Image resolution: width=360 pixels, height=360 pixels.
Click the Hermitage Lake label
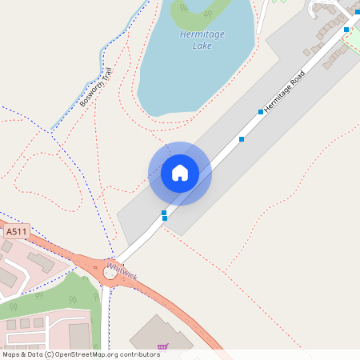pos(202,41)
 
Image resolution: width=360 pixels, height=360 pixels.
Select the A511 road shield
pos(15,232)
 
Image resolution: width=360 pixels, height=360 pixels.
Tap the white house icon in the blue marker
pos(179,173)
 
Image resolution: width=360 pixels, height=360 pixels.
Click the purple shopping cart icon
pos(163,346)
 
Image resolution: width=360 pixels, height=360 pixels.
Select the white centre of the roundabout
pos(109,273)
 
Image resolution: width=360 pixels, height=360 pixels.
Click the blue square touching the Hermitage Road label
pos(261,112)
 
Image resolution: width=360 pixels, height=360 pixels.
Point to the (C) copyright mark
pos(49,354)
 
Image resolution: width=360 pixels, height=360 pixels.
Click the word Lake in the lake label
pos(202,46)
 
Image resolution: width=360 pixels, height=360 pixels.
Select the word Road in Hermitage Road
pos(298,75)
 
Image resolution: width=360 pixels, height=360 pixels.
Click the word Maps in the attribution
pos(11,354)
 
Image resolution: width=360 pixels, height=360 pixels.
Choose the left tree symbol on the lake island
pos(185,8)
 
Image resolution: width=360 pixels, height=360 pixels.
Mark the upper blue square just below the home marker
pos(164,213)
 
